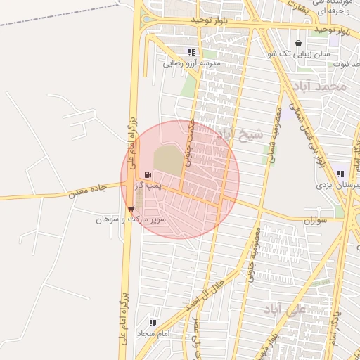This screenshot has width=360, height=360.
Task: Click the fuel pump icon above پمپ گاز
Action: point(147,174)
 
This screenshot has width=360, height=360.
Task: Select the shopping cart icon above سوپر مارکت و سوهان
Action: point(131,209)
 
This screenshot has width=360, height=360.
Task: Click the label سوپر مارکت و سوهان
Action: point(131,219)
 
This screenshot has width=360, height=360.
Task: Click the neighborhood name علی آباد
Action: point(285,309)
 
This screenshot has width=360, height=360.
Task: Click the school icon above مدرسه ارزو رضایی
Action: point(191,52)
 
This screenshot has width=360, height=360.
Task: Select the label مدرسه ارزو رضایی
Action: point(192,63)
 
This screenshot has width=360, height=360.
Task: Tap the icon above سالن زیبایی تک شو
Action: point(299,43)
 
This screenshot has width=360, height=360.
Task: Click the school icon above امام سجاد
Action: point(153,323)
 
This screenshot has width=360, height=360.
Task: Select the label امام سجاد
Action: point(154,333)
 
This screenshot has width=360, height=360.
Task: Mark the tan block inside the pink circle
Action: point(167,160)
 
